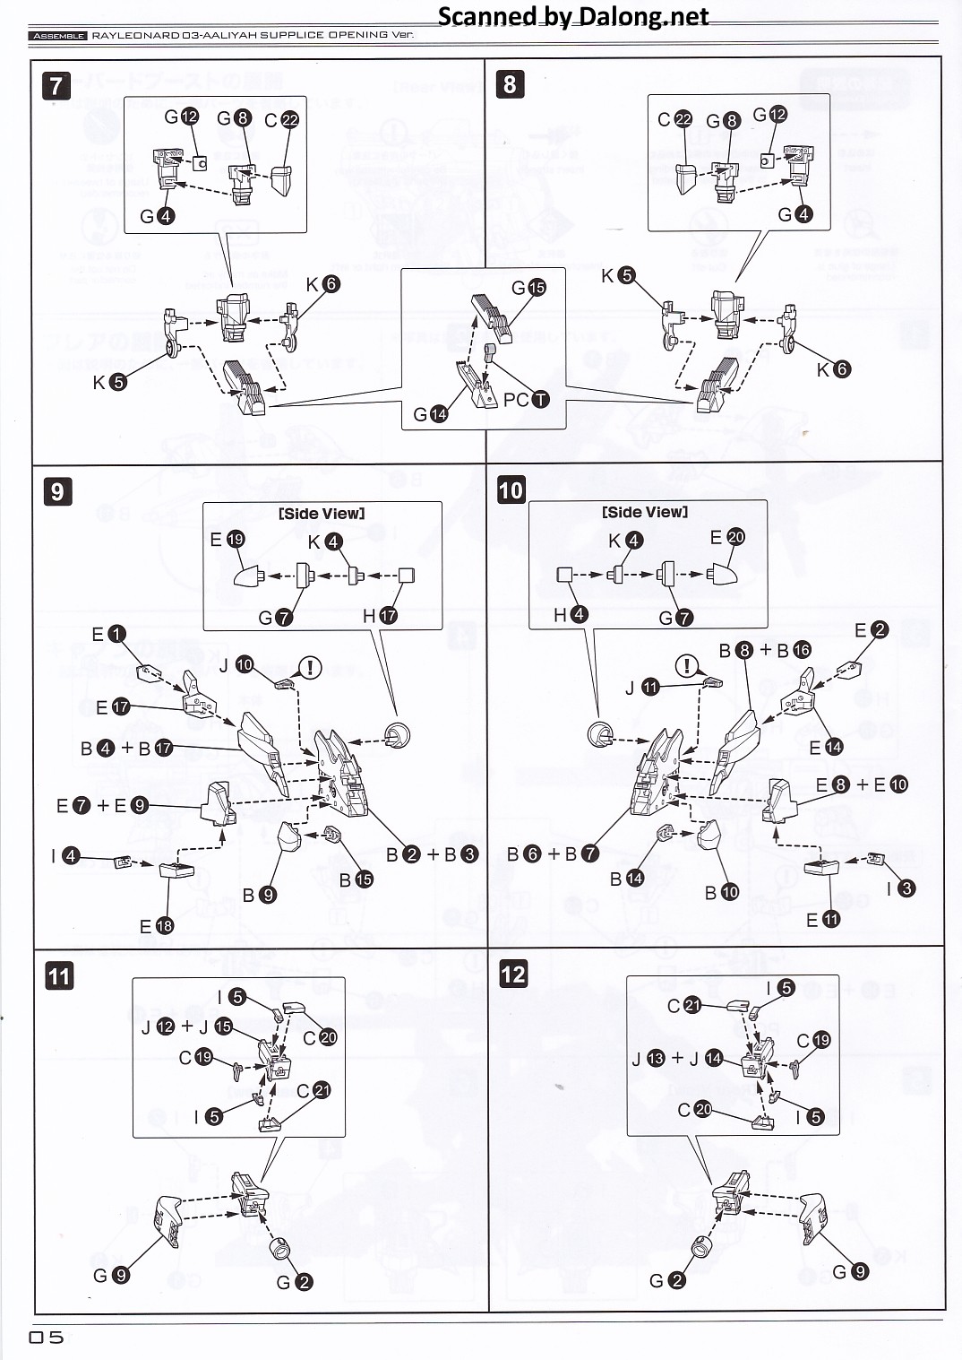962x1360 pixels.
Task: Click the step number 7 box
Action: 56,85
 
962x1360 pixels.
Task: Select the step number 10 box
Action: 511,490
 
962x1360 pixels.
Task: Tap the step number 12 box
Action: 513,975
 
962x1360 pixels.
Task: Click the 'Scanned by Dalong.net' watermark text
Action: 572,16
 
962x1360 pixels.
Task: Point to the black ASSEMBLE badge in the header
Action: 58,36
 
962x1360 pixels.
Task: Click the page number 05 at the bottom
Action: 47,1337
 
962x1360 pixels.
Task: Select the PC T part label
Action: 526,399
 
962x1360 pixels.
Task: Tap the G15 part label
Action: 528,287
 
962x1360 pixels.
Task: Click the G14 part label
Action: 430,414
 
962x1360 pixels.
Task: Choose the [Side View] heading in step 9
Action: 322,514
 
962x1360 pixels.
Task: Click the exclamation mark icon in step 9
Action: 310,667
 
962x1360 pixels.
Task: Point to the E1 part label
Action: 108,634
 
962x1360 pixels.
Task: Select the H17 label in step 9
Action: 380,616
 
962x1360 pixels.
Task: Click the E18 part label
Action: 156,926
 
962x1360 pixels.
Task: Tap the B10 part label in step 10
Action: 721,892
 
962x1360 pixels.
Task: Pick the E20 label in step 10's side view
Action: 726,537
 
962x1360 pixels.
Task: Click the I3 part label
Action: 900,888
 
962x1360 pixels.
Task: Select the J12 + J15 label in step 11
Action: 186,1026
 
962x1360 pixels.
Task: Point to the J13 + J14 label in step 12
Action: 677,1058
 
